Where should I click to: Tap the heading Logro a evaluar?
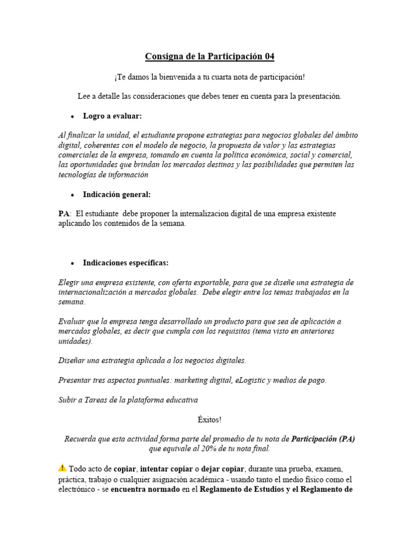point(112,116)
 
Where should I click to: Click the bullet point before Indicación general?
point(72,195)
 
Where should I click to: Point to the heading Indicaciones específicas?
point(125,263)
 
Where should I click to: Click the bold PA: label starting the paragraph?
point(65,214)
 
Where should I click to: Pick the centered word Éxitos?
point(209,420)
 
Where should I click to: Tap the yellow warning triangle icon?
point(62,468)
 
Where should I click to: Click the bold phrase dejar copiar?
point(223,469)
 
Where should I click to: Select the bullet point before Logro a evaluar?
point(72,116)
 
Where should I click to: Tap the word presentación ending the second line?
point(316,96)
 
